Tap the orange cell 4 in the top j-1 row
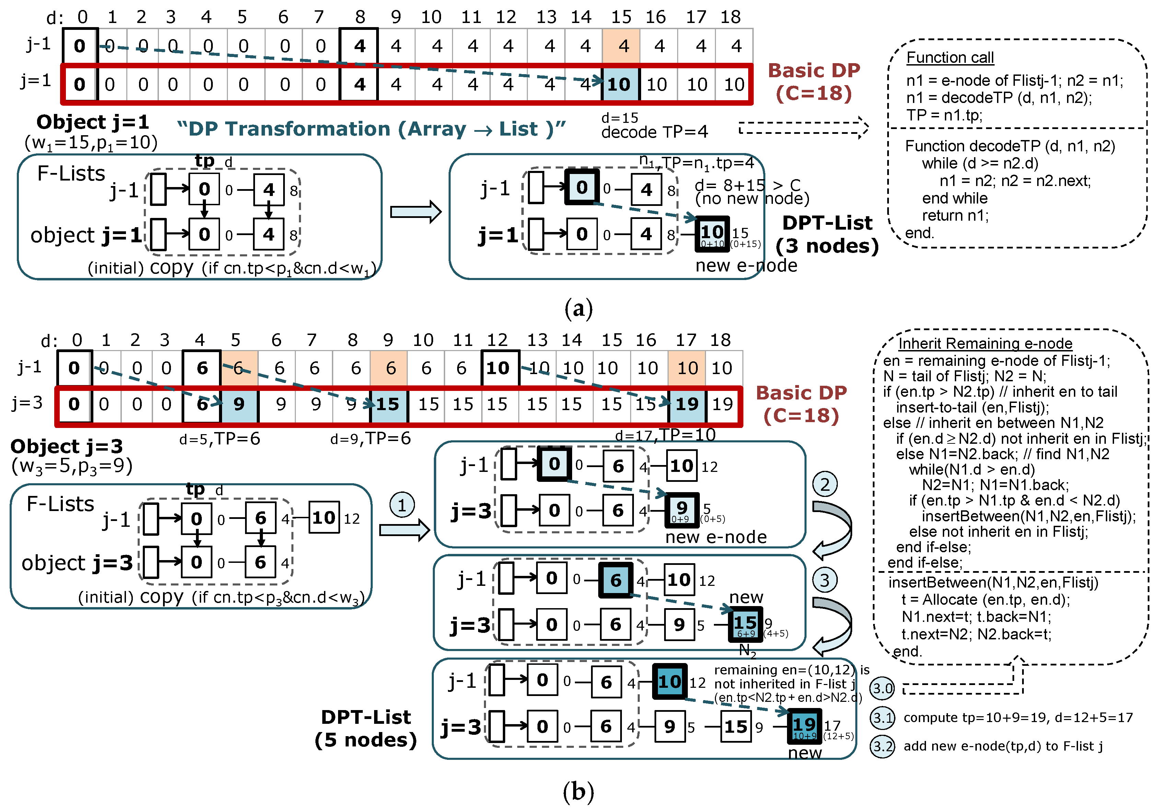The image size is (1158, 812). (x=621, y=46)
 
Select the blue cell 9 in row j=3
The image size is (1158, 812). (x=239, y=404)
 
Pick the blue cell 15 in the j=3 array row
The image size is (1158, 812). (x=389, y=404)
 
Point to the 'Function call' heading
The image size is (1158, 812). (x=949, y=58)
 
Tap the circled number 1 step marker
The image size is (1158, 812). (x=402, y=505)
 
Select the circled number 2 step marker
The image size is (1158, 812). (x=825, y=484)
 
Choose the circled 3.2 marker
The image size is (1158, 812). (x=882, y=746)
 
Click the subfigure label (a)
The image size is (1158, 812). (x=579, y=308)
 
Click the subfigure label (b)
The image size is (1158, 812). (x=579, y=791)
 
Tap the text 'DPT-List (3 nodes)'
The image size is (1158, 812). (x=827, y=234)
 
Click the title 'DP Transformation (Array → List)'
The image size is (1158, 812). (x=372, y=129)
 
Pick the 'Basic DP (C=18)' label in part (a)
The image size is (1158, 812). (x=813, y=82)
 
